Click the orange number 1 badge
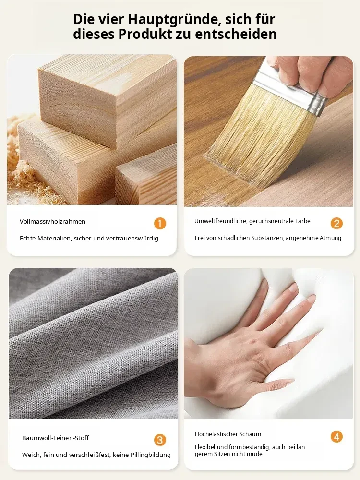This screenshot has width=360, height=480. [x=160, y=224]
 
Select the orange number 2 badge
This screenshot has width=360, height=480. [x=336, y=224]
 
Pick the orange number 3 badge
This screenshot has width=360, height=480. [x=160, y=440]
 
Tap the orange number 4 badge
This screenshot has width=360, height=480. [x=336, y=437]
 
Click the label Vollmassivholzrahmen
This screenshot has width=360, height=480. [x=52, y=222]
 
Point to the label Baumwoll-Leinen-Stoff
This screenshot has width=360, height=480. [x=55, y=438]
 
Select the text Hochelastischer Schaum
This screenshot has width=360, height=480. [x=228, y=434]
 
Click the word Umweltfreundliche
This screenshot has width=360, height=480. [x=220, y=221]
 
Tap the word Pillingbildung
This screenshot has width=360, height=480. [x=151, y=455]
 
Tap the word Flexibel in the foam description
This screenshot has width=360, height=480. [x=205, y=447]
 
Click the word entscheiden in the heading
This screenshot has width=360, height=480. [x=236, y=34]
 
